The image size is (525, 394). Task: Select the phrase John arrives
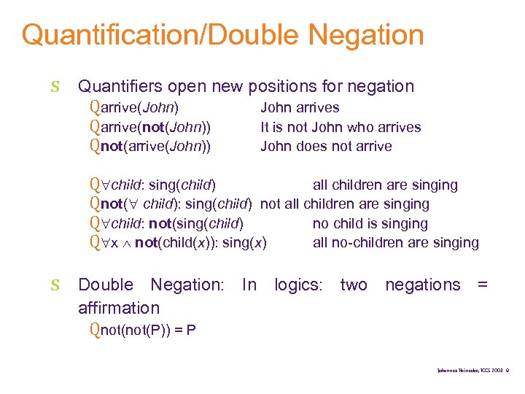(300, 108)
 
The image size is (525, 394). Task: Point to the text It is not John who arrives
(341, 127)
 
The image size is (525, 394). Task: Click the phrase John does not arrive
(326, 146)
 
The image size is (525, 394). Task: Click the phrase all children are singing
(385, 185)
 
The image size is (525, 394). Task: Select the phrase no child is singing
(370, 223)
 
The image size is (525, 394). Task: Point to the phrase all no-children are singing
(395, 242)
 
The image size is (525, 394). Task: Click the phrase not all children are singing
(344, 204)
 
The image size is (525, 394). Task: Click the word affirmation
(119, 308)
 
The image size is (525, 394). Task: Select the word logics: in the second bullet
(298, 285)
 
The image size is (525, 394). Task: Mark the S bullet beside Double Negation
(55, 285)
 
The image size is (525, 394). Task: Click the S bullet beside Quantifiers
(55, 87)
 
